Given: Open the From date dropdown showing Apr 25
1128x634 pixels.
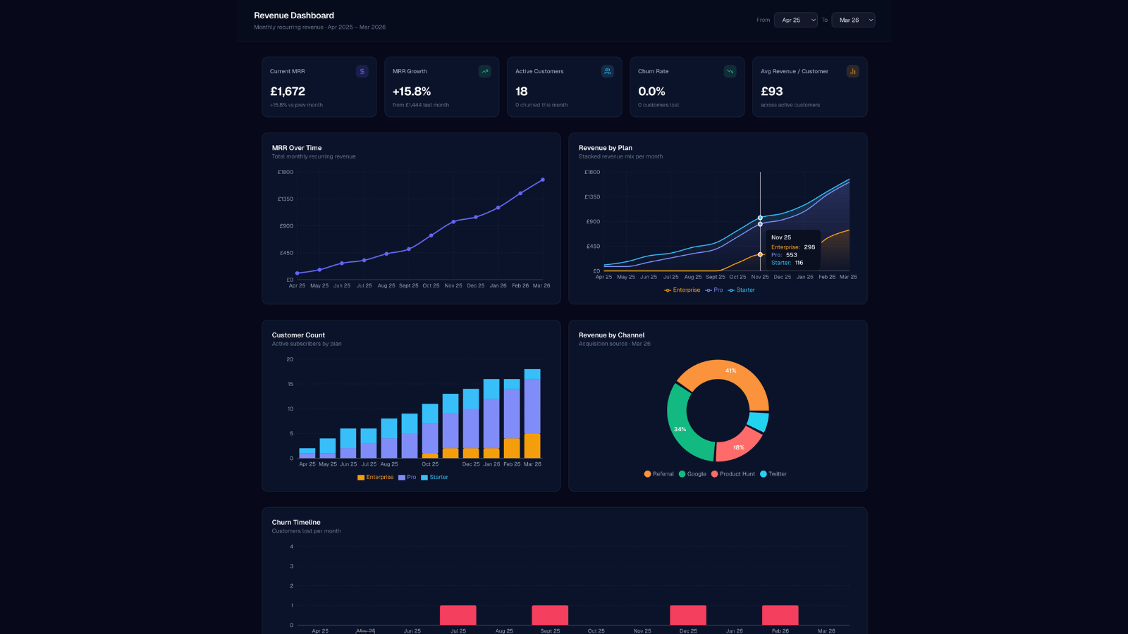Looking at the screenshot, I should coord(795,20).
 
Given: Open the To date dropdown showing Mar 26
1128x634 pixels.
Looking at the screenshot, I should coord(853,20).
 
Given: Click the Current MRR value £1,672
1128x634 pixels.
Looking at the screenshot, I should coord(288,92).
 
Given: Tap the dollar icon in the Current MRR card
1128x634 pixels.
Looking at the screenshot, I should coord(362,71).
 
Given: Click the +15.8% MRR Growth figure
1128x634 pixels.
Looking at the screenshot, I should coord(412,92).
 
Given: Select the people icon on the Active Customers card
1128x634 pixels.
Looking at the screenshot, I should coord(607,71).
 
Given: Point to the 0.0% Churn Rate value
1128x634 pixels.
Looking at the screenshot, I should coord(651,92).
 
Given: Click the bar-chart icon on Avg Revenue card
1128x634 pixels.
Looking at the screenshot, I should coord(852,71).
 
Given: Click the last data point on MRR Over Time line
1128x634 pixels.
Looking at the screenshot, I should coord(543,180).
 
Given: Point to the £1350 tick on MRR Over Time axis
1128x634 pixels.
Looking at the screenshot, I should coord(286,199).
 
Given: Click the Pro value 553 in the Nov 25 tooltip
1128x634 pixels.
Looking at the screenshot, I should coord(792,255).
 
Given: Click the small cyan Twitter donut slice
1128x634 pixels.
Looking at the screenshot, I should coord(759,421).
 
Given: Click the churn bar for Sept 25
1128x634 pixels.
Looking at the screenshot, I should coord(550,615).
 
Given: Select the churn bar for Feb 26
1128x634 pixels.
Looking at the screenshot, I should coord(780,615).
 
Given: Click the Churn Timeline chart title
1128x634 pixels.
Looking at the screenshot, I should coord(296,522).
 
